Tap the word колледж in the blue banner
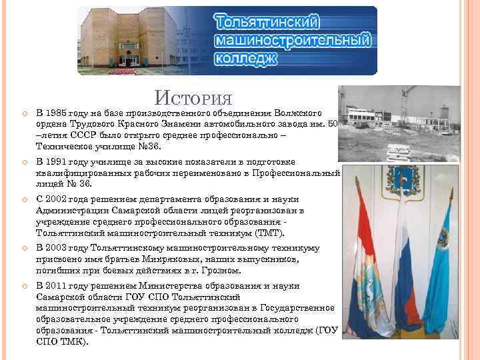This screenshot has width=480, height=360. click(245, 58)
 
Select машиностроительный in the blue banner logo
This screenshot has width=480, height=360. click(292, 40)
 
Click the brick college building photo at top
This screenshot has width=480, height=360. click(128, 37)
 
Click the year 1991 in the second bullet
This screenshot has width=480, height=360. click(59, 162)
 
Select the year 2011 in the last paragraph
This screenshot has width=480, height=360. click(59, 286)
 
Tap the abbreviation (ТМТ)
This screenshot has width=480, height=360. click(269, 233)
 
